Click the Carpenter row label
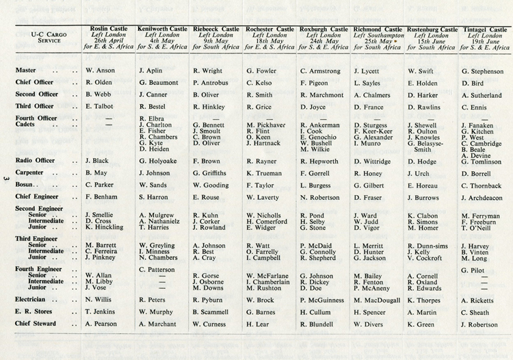(31, 172)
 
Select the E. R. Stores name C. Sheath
(479, 311)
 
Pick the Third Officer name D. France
(370, 107)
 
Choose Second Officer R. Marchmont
(322, 94)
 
